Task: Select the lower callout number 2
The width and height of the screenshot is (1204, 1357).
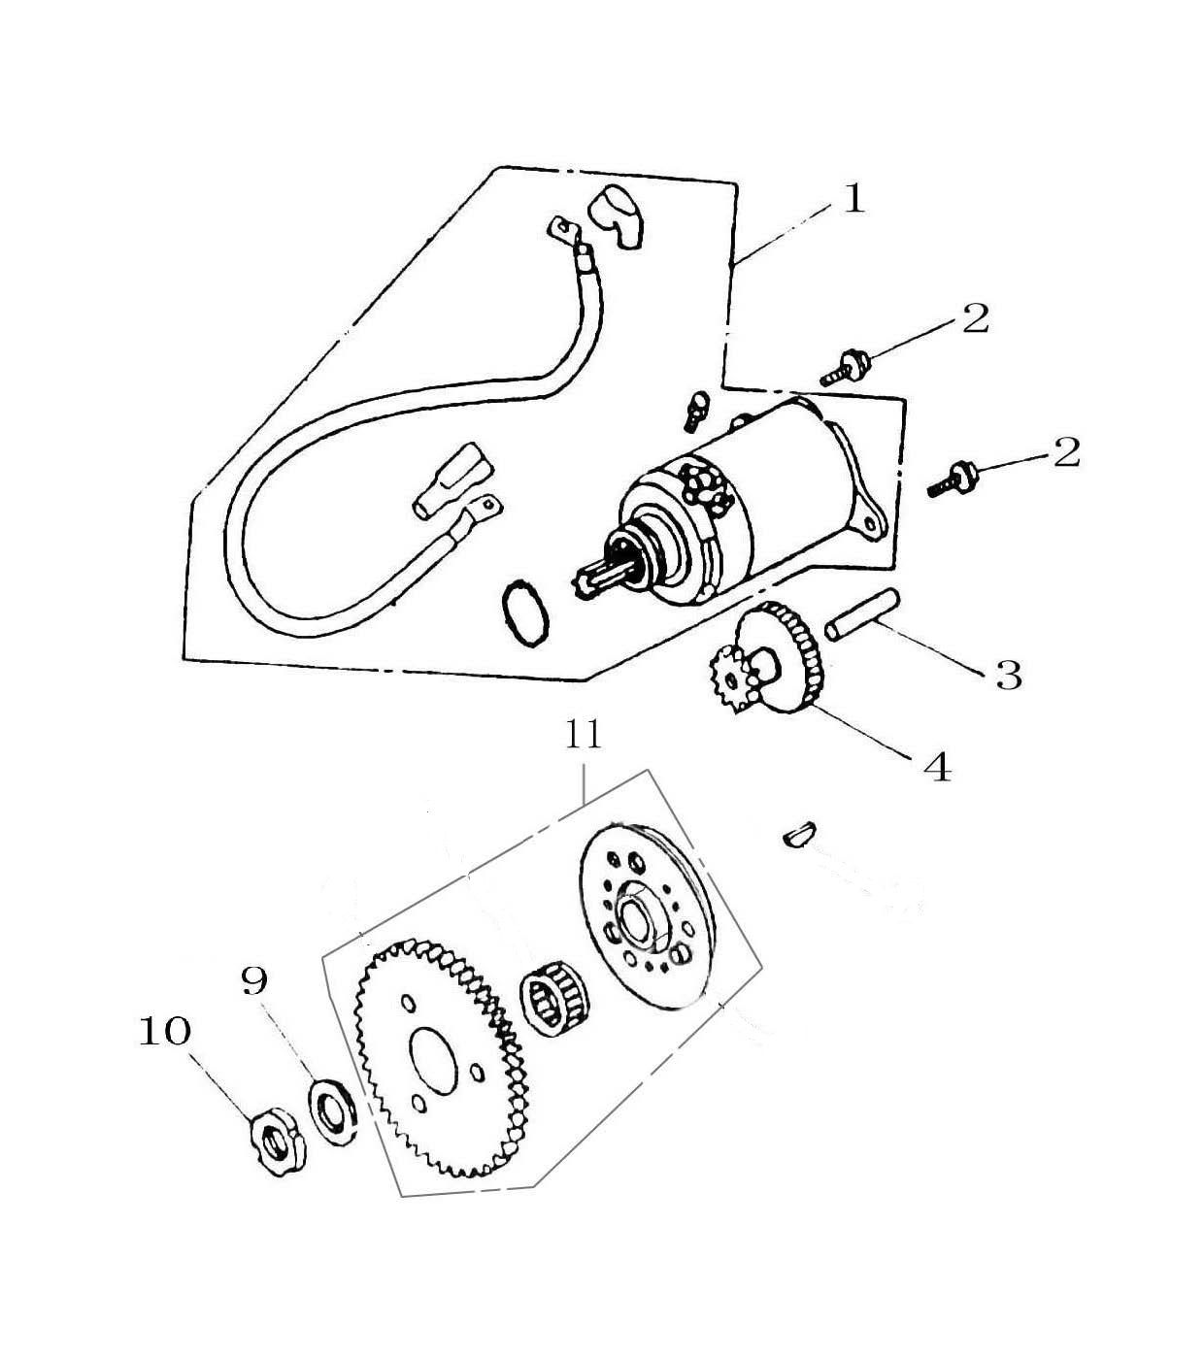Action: pos(1066,452)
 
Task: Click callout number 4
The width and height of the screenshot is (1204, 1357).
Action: pos(937,767)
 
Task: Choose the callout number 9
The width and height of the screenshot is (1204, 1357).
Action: pos(254,980)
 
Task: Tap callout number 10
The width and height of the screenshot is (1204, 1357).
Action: pos(165,1032)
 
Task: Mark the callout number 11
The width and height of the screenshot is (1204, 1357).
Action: pos(584,735)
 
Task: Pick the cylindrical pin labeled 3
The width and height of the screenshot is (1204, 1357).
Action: pos(861,614)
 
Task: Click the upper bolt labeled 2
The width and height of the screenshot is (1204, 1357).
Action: pos(846,367)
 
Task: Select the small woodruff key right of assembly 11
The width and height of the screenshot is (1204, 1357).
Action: pos(798,833)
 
